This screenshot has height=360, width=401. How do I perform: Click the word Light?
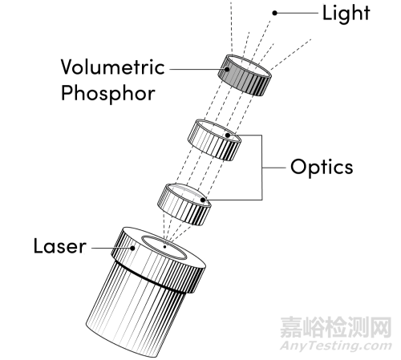pyautogui.click(x=346, y=13)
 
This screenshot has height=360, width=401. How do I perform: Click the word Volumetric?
pyautogui.click(x=112, y=67)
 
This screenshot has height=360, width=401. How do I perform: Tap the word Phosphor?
pyautogui.click(x=108, y=93)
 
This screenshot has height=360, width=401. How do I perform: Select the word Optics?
pyautogui.click(x=322, y=168)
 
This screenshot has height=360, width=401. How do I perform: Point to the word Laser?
pyautogui.click(x=60, y=246)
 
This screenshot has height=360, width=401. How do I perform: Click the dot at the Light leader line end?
pyautogui.click(x=274, y=13)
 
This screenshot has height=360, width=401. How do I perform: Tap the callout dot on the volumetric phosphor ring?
pyautogui.click(x=227, y=69)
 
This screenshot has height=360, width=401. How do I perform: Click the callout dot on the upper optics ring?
pyautogui.click(x=228, y=136)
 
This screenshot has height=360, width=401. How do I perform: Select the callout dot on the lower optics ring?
pyautogui.click(x=203, y=200)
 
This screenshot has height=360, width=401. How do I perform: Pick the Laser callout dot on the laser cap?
pyautogui.click(x=132, y=248)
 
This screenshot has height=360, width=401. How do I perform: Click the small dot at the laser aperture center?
pyautogui.click(x=164, y=247)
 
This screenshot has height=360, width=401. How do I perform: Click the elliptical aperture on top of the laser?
pyautogui.click(x=164, y=248)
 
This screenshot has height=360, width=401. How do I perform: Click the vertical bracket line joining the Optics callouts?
pyautogui.click(x=261, y=168)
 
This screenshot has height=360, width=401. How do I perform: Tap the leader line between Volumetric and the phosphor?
pyautogui.click(x=197, y=69)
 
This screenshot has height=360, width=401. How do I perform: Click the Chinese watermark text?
pyautogui.click(x=336, y=327)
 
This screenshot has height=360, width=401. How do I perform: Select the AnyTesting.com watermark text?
pyautogui.click(x=336, y=346)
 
